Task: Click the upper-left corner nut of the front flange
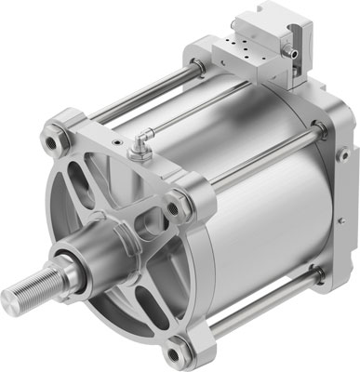[x=51, y=144]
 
